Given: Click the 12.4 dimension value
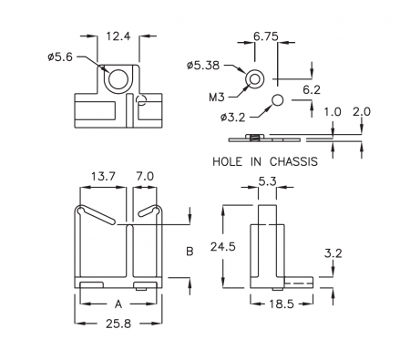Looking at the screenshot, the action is (x=118, y=36).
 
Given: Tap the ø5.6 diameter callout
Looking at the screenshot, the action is (x=60, y=57).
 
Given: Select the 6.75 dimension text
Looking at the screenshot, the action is (x=266, y=36).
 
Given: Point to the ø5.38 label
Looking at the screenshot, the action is (x=203, y=66).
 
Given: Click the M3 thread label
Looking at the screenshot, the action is (x=217, y=98).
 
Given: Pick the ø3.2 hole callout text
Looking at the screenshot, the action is (x=232, y=118).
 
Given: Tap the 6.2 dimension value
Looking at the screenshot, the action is (x=312, y=90).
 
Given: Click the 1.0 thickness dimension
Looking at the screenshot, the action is (x=333, y=112).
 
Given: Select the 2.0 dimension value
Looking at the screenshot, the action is (x=362, y=112).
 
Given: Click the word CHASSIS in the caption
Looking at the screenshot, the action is (x=293, y=161).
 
